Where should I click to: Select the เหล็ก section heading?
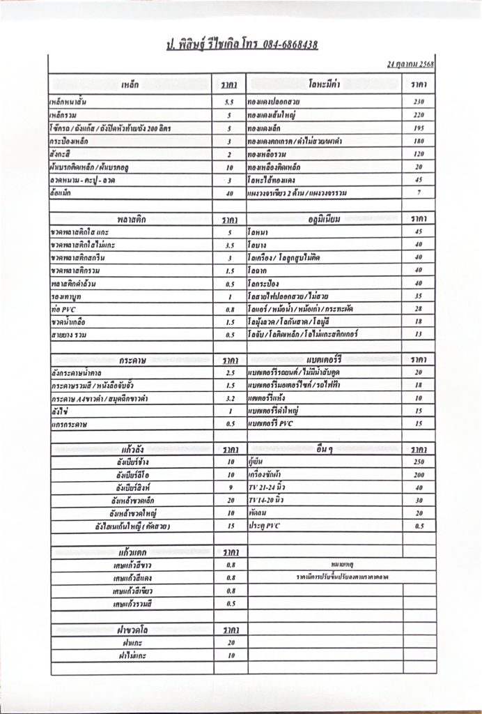(x=130, y=84)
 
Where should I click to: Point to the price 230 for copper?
(x=419, y=102)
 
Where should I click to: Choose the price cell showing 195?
(x=419, y=128)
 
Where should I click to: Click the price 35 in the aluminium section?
(x=419, y=296)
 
